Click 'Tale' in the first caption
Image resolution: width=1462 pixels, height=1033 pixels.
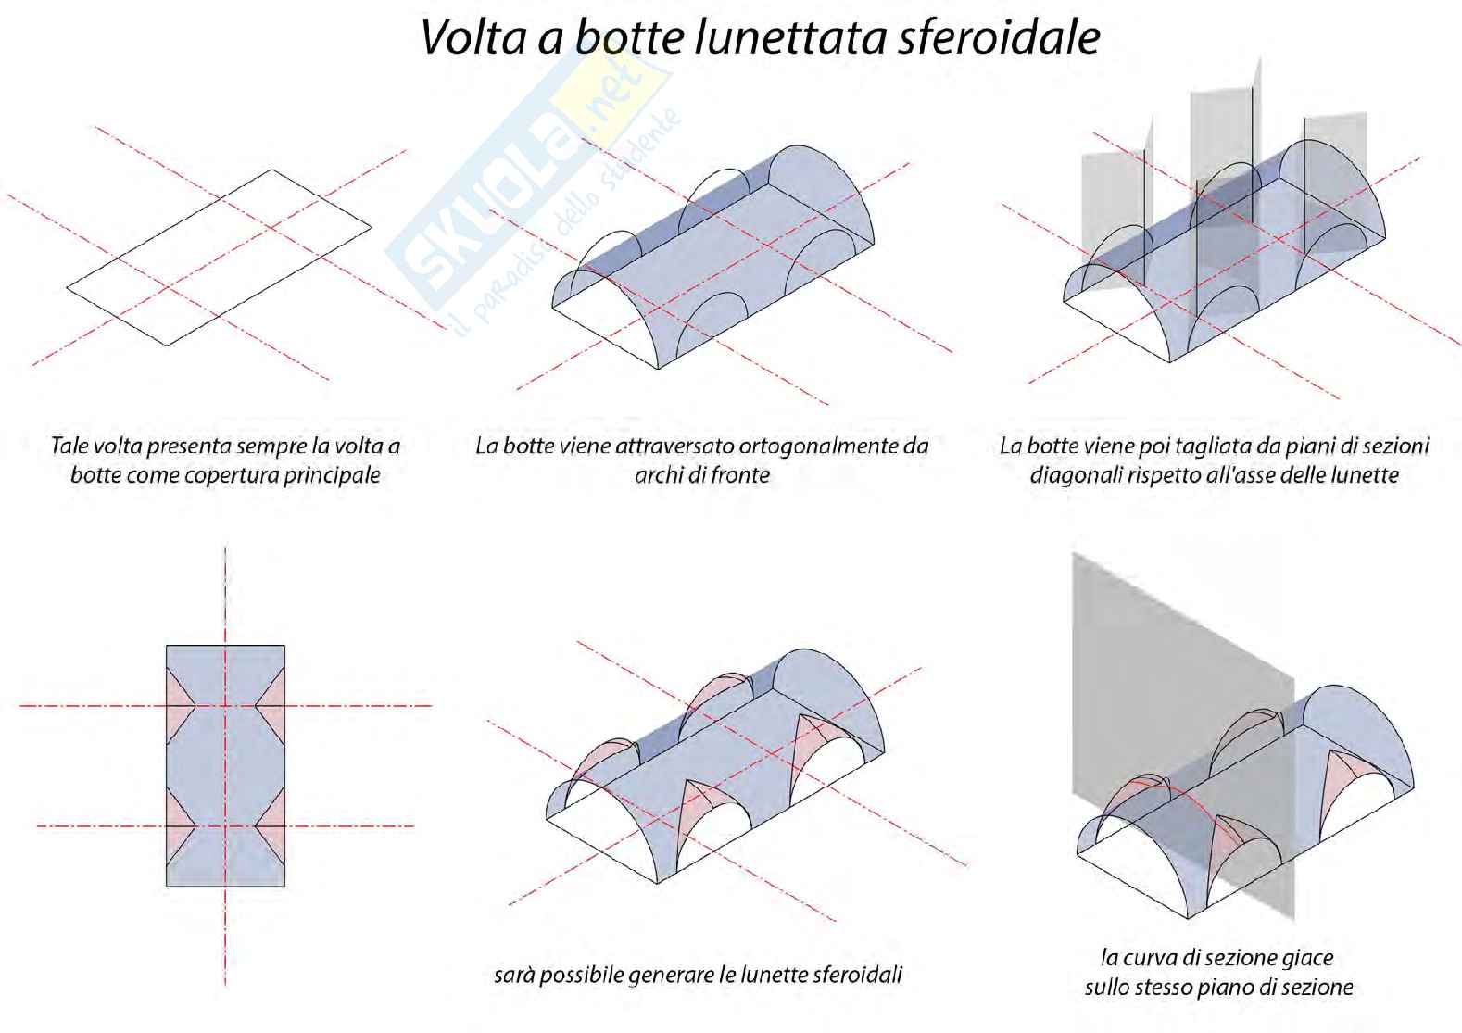coord(69,446)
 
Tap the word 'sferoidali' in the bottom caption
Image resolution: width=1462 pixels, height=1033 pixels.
coord(857,975)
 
